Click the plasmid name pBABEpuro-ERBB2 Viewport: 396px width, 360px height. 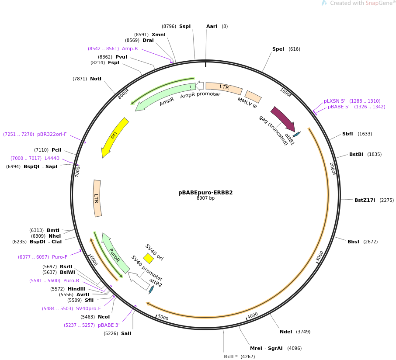click(x=205, y=192)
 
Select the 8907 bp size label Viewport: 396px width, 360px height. click(x=205, y=198)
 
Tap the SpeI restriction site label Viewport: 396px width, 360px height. click(x=278, y=49)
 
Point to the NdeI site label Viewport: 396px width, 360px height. click(x=286, y=332)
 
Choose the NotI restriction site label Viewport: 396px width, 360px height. click(x=96, y=79)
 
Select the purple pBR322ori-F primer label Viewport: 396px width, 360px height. click(x=52, y=134)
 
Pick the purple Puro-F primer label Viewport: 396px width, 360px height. click(x=59, y=257)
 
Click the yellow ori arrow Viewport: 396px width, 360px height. click(x=114, y=137)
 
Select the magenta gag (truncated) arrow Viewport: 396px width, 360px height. click(x=283, y=118)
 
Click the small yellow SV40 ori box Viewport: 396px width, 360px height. click(x=148, y=259)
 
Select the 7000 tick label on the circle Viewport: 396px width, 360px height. click(x=78, y=171)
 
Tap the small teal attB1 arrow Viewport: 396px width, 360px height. click(x=296, y=134)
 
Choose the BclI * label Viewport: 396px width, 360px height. click(x=231, y=357)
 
